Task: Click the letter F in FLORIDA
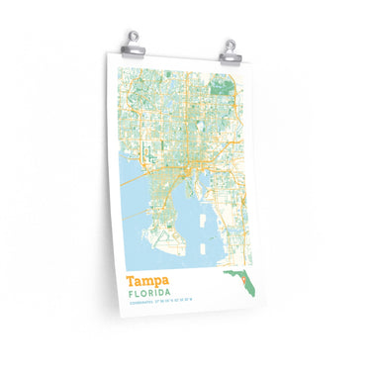[x=130, y=295]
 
